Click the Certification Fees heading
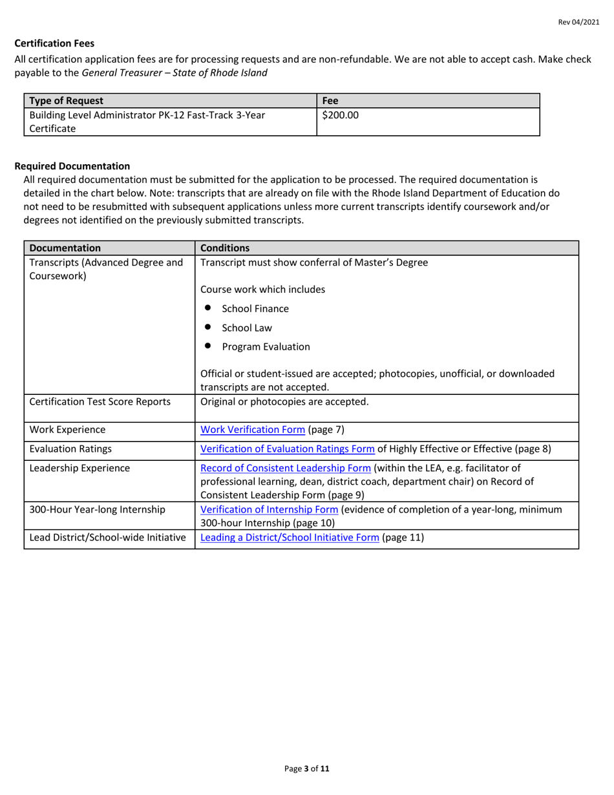(54, 43)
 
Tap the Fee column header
(330, 101)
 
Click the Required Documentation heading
(72, 166)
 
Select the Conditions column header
(223, 248)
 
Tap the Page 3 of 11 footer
(307, 769)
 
